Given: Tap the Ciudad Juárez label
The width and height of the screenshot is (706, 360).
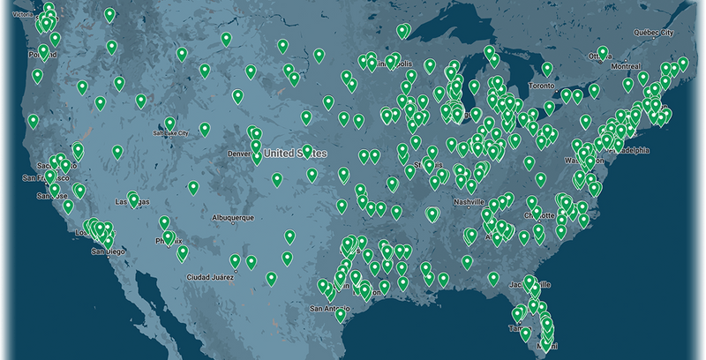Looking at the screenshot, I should (209, 276).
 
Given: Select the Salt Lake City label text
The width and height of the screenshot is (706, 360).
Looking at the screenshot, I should (170, 133).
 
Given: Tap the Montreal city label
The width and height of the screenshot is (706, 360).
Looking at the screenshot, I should (625, 66).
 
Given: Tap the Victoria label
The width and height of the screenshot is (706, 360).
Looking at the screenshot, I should (16, 15).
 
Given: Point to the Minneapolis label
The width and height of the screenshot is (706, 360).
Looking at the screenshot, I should (393, 64).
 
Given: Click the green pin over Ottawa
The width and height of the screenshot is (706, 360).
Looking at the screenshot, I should (603, 53).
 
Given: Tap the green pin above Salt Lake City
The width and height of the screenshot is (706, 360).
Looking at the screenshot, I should (169, 124).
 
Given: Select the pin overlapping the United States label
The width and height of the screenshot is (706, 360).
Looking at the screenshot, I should (307, 151).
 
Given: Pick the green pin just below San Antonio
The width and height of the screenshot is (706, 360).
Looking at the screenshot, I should (341, 315).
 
